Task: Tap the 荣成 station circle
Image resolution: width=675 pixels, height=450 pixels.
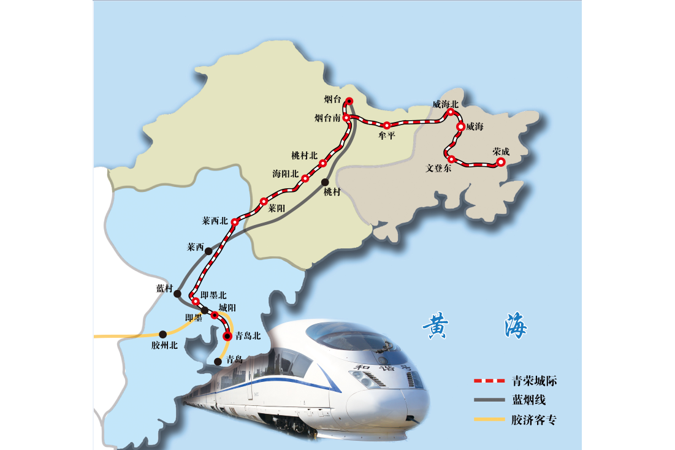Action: point(500,162)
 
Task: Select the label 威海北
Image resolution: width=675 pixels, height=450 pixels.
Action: point(445,104)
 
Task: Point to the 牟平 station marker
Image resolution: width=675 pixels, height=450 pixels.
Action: point(386,125)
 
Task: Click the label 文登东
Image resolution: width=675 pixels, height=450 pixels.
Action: point(439,168)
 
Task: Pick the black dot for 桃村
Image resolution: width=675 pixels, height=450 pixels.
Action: point(325,182)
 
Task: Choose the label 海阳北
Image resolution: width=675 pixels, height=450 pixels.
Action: point(285,174)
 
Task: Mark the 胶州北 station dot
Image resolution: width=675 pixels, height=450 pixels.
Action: point(163,334)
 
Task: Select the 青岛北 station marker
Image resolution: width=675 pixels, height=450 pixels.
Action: point(227,335)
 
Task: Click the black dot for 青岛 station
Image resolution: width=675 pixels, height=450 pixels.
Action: point(218,362)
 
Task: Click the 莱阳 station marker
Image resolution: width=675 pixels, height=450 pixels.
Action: point(264,201)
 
